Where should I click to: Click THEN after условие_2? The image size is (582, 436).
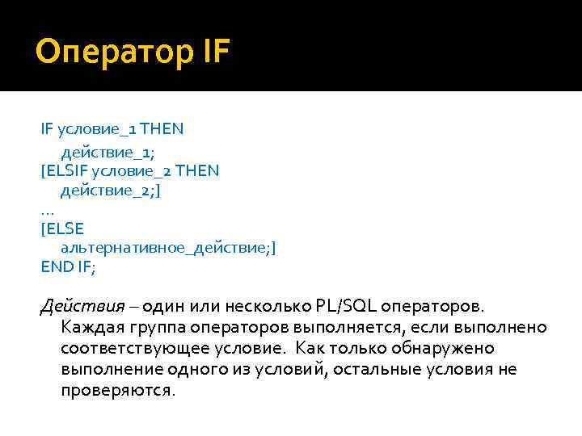coord(197,170)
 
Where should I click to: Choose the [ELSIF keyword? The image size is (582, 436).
coord(65,170)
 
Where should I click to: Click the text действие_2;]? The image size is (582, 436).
coord(104,191)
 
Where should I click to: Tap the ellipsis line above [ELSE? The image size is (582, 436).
coord(47,210)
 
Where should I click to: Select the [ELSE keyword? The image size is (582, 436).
coord(61,230)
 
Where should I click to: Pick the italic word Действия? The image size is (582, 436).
coord(83,307)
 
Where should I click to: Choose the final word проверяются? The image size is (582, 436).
coord(117,390)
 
